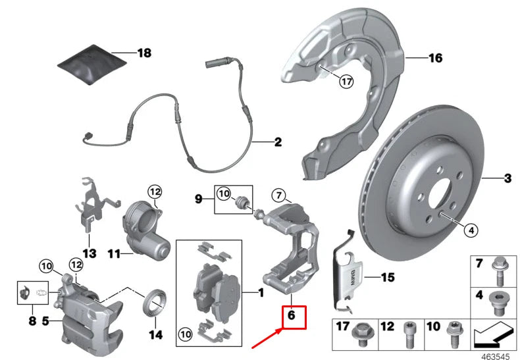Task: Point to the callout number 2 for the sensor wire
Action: pos(277,141)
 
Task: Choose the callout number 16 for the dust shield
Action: pos(435,59)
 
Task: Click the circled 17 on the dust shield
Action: pos(346,82)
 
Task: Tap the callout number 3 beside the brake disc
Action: pos(507,178)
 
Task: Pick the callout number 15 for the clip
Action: pos(388,278)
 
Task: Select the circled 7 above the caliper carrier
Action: pos(278,195)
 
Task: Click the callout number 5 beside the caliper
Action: pos(45,321)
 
